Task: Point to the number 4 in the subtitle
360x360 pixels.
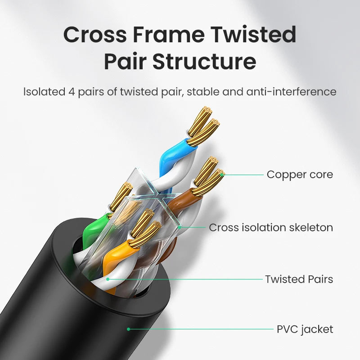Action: pos(71,92)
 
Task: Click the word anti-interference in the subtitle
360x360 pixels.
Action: pos(291,92)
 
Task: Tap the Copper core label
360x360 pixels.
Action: pos(300,174)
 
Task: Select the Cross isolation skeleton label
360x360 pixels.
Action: pos(271,227)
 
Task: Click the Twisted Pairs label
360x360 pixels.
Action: pos(299,279)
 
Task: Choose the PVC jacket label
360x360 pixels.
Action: pos(305,329)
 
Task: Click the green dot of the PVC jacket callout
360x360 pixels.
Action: pos(128,329)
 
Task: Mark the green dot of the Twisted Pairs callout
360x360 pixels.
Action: pos(108,279)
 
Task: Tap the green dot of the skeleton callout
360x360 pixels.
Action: pos(180,227)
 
